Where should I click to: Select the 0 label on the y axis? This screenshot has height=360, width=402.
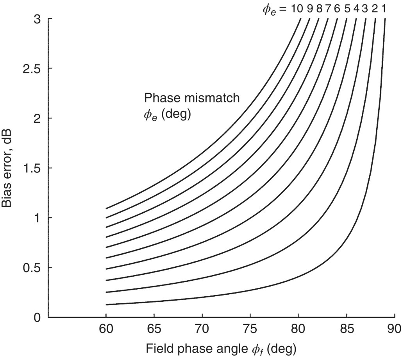click(x=37, y=317)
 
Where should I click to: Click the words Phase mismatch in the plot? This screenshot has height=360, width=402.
click(x=192, y=98)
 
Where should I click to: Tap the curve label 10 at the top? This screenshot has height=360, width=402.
click(x=296, y=8)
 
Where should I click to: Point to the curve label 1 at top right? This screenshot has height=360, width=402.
click(x=384, y=8)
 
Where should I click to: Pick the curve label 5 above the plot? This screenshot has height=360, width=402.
click(x=347, y=8)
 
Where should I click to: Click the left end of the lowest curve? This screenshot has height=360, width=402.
click(x=106, y=304)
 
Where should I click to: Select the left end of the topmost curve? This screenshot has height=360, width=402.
click(x=106, y=208)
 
